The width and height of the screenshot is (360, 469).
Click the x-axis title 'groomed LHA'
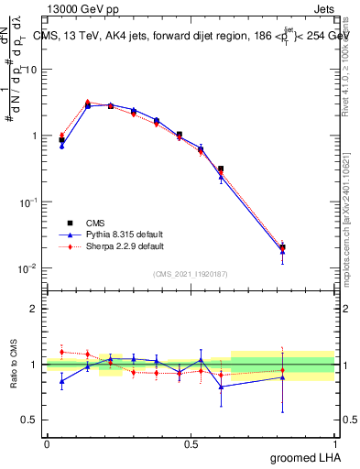click(x=303, y=457)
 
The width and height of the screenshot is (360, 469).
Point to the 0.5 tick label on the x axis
click(x=191, y=442)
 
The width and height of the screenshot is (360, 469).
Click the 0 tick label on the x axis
click(x=47, y=442)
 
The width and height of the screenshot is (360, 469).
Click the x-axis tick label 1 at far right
click(x=334, y=442)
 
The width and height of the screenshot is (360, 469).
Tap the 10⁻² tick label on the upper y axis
click(x=30, y=268)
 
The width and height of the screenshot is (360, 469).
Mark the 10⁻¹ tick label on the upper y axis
click(x=30, y=202)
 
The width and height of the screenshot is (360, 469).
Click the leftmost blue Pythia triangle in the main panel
click(x=61, y=146)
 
